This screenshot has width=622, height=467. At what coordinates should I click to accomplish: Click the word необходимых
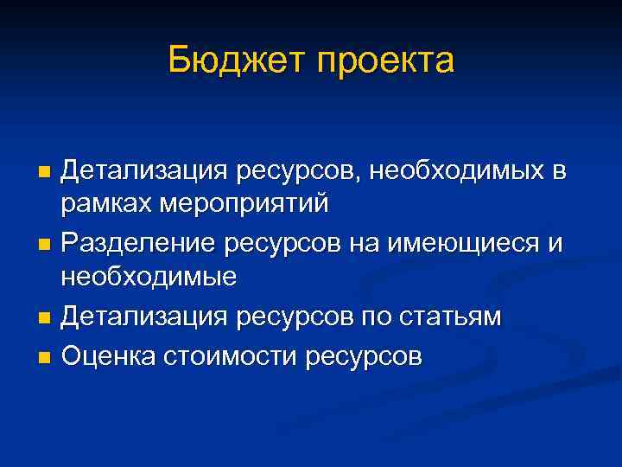point(457,170)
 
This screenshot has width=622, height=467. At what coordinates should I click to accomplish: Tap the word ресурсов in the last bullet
point(367,355)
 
